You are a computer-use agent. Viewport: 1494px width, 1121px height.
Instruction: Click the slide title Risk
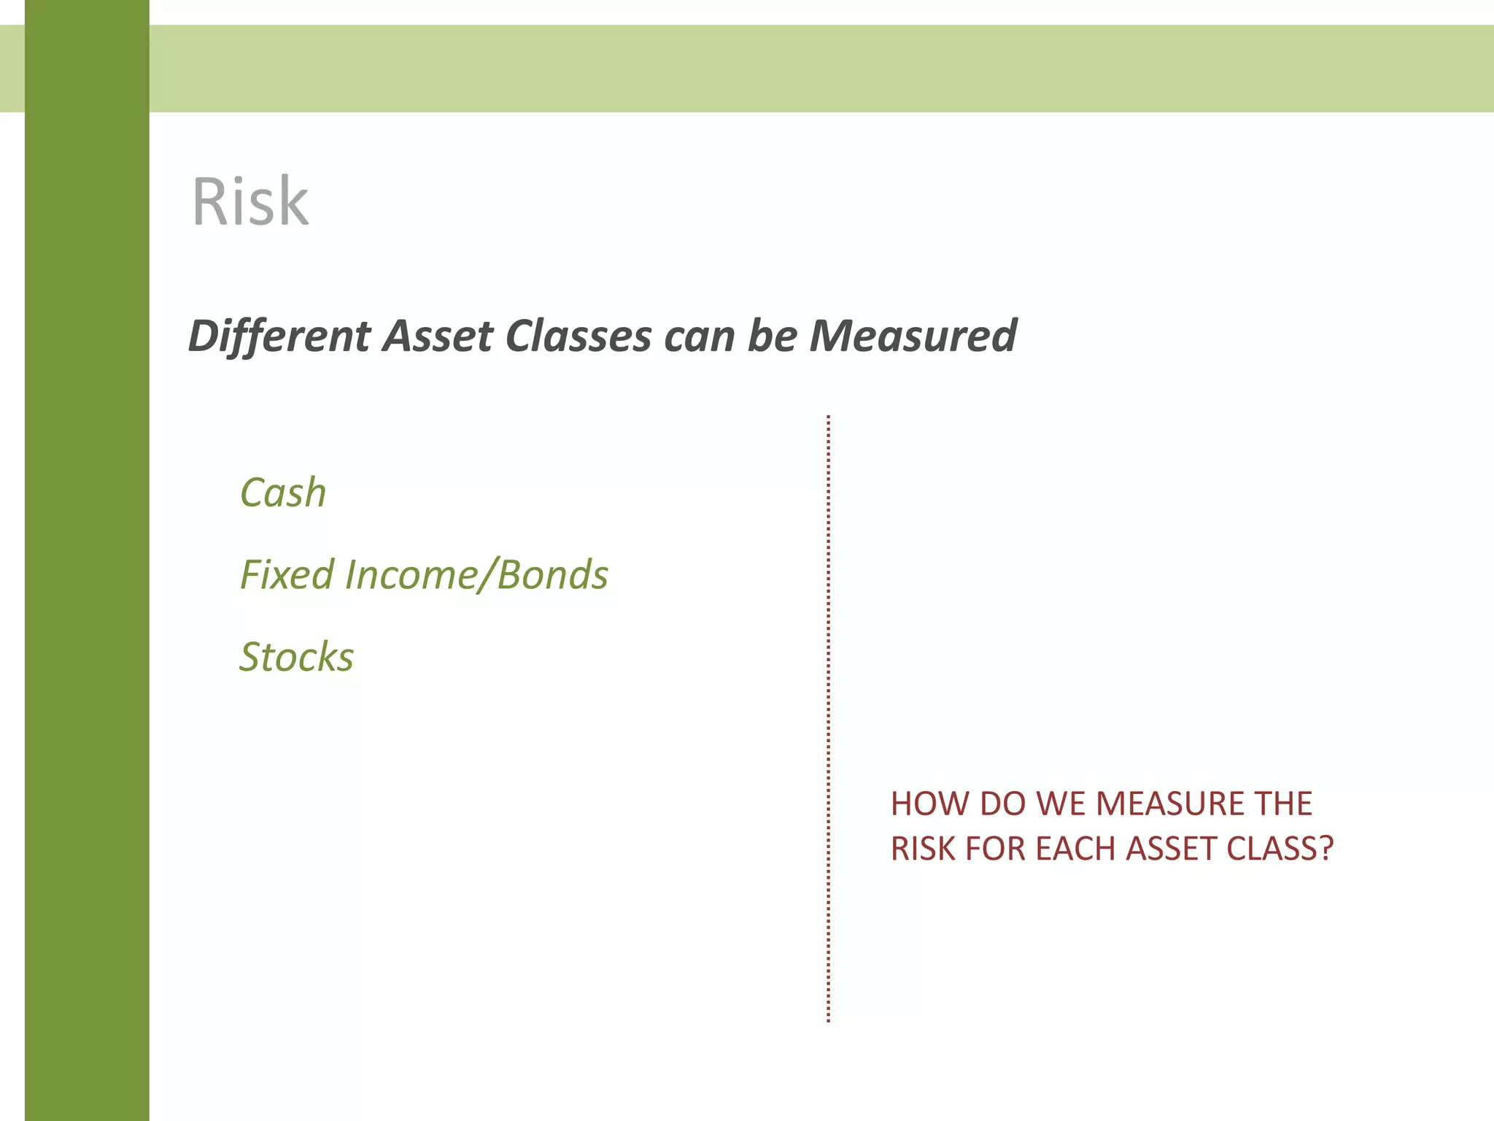249,202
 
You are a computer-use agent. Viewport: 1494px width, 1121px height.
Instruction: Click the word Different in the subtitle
279,336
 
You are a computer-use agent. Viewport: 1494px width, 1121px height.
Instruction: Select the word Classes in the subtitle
578,336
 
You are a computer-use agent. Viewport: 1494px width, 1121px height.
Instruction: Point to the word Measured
913,336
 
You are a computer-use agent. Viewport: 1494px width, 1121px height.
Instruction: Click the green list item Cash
283,493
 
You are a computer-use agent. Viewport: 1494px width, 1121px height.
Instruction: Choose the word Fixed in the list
287,574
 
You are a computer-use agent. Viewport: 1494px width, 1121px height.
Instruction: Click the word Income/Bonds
476,574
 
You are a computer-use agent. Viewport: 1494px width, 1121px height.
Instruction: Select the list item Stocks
297,656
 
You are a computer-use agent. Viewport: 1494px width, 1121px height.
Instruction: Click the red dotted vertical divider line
829,719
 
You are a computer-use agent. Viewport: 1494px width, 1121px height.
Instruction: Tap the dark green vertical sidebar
87,584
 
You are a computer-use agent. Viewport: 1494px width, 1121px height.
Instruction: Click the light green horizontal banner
802,69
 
